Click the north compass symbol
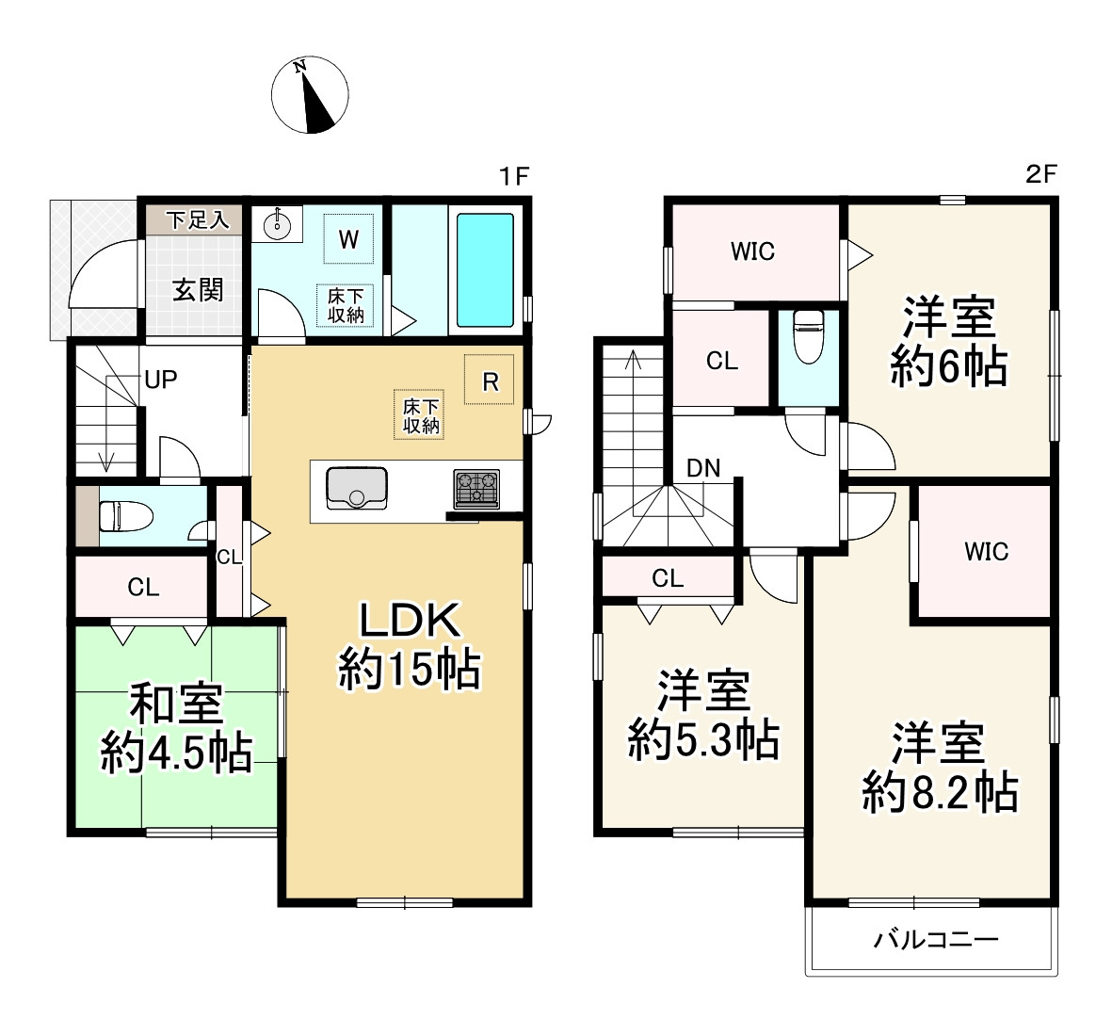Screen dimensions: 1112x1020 point(310,95)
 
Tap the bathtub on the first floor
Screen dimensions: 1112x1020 point(485,269)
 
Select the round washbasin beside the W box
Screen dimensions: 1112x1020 point(277,225)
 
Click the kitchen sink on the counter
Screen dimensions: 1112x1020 point(357,488)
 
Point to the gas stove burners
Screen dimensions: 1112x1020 point(476,489)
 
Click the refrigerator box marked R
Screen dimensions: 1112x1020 point(490,380)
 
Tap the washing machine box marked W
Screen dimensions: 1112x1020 point(348,239)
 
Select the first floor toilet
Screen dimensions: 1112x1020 point(125,516)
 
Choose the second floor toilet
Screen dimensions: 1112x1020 point(809,335)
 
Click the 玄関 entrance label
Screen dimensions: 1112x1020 point(198,290)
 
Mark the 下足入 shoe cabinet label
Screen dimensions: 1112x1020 point(198,219)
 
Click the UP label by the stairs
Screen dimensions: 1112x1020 point(161,380)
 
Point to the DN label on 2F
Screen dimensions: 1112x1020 point(703,468)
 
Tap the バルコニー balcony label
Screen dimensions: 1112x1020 point(936,940)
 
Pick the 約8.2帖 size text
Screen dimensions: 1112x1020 point(941,792)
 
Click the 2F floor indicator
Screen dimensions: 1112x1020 point(1041,174)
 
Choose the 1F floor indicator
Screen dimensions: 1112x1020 point(514,176)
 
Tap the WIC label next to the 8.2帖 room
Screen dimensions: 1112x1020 point(987,551)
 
